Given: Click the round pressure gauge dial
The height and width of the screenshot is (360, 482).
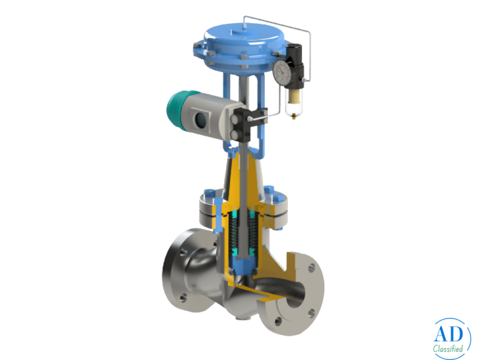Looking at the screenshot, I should click(x=281, y=70).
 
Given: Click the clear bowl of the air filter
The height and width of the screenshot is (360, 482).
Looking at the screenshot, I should click(x=293, y=99).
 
